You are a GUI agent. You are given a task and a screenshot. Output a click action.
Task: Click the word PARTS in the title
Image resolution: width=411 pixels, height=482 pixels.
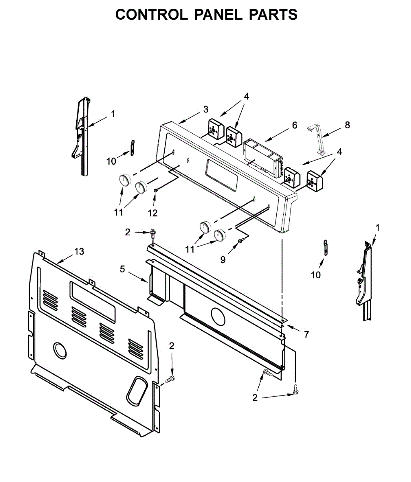click(x=273, y=15)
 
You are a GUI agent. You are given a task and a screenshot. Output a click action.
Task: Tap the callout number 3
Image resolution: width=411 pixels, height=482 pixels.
click(x=206, y=109)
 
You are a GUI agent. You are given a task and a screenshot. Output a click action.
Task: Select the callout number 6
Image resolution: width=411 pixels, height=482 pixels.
click(x=294, y=125)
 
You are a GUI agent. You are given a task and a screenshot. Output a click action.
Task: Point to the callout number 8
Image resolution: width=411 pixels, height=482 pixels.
click(x=347, y=125)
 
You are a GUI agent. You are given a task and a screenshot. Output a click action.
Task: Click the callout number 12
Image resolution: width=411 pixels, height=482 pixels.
click(x=153, y=213)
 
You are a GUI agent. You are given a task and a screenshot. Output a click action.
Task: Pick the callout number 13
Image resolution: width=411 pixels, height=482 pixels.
click(x=80, y=251)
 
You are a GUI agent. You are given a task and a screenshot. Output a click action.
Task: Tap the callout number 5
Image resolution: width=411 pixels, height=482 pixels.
click(x=123, y=269)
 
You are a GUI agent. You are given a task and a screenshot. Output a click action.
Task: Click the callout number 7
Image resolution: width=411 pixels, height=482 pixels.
click(x=306, y=334)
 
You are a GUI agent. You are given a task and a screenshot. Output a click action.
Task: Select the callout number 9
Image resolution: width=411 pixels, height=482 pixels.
click(x=223, y=259)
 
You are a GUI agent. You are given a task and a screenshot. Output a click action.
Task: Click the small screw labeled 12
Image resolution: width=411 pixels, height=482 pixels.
click(x=156, y=190)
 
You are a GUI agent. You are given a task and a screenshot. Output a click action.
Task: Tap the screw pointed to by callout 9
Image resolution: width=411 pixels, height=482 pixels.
click(x=240, y=241)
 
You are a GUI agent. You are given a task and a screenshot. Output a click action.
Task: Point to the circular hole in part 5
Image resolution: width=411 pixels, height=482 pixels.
click(x=218, y=317)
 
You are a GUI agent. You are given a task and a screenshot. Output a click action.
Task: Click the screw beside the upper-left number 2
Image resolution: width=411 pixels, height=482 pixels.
click(x=153, y=233)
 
